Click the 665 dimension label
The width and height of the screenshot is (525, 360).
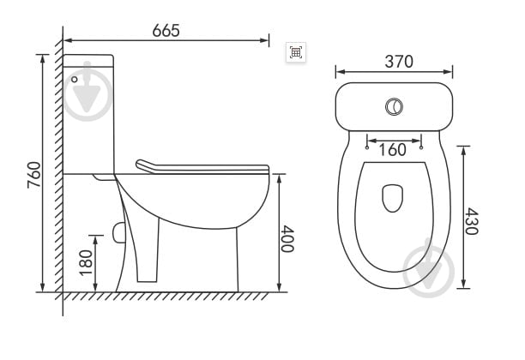tap(166, 31)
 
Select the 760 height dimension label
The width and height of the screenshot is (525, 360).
tap(34, 175)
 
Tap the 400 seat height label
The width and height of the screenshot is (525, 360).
tap(287, 238)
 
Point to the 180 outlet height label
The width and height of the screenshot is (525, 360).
tap(86, 262)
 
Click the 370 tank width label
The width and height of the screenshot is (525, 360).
tap(399, 62)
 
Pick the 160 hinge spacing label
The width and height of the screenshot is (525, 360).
tap(392, 149)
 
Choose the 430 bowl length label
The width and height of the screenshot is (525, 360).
tap(472, 221)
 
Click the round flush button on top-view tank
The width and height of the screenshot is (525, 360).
tap(394, 107)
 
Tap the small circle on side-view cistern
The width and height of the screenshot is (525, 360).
tap(75, 80)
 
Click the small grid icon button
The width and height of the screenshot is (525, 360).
tap(296, 52)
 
